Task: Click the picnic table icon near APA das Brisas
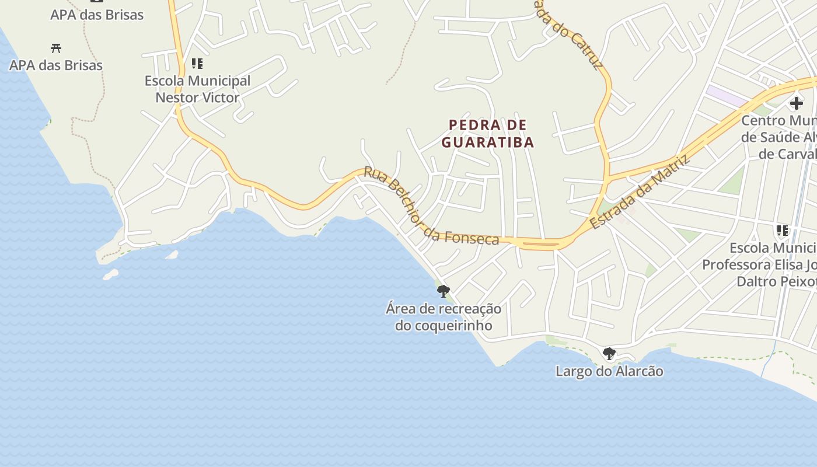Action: coord(56,48)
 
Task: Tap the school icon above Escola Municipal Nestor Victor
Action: coord(197,63)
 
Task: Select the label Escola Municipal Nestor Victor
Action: coord(197,89)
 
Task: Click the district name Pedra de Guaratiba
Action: coord(488,133)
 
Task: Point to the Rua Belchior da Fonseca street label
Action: coord(431,207)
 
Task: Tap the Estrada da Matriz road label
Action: coord(640,191)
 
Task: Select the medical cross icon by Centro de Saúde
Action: coord(796,103)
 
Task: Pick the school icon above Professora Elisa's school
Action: coord(782,231)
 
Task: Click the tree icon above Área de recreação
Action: coord(444,291)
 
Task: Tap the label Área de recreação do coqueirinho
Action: coord(444,317)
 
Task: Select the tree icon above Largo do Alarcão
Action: coord(609,353)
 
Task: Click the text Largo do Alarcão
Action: coord(609,371)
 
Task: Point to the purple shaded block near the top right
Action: coord(726,96)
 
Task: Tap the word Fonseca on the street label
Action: coord(472,237)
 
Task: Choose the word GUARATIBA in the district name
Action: coord(488,142)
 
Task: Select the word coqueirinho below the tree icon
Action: coord(444,326)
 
